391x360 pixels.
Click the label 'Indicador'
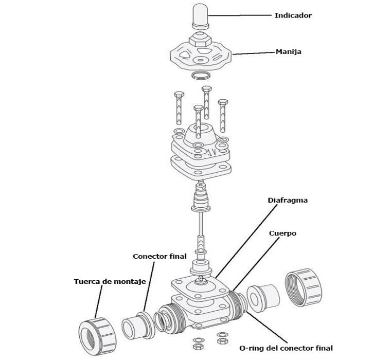click(293, 15)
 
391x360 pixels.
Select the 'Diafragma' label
click(287, 200)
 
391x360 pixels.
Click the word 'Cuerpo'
click(282, 233)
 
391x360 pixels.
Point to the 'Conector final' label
click(159, 256)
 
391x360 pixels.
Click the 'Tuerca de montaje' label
click(110, 281)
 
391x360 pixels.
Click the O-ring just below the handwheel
click(201, 76)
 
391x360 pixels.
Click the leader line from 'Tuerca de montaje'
click(99, 303)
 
